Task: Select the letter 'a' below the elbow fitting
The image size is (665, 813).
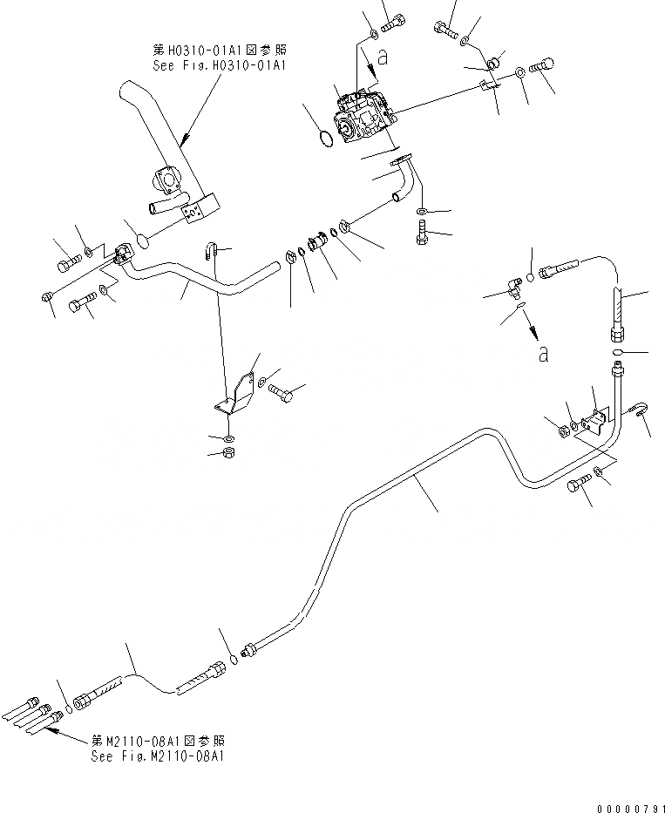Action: pos(543,354)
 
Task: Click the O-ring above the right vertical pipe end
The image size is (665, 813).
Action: pos(618,352)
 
